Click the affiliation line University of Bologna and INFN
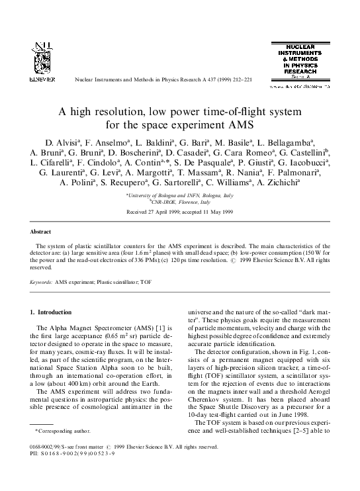(180, 196)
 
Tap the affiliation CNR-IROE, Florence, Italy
(180, 202)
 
